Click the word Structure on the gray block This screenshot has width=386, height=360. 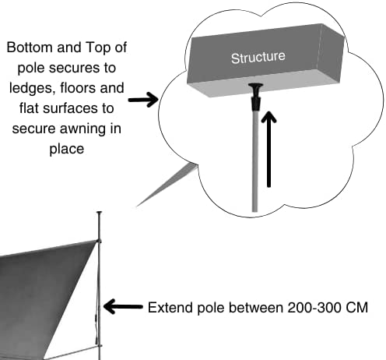tap(258, 58)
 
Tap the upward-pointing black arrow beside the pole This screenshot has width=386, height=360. tap(268, 149)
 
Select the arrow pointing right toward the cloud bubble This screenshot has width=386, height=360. tap(143, 100)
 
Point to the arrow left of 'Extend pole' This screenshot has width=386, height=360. tap(123, 306)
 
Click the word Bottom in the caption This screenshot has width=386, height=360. tap(30, 48)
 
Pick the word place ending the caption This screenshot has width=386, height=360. tap(67, 150)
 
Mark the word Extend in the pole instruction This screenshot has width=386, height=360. tap(170, 308)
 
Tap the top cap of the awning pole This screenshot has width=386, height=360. tap(100, 213)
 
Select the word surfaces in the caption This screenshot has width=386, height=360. tap(79, 108)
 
